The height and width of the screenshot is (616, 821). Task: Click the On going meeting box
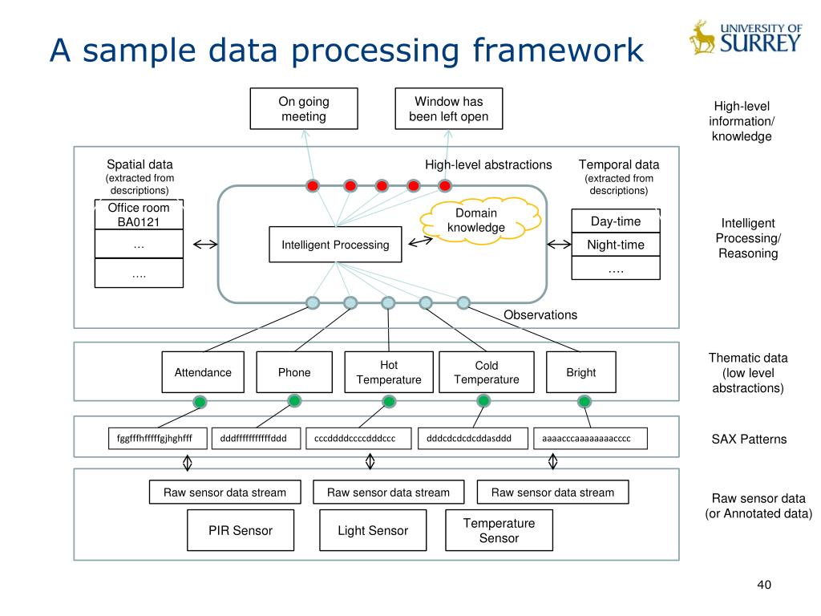pyautogui.click(x=304, y=108)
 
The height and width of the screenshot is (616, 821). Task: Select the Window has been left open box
pyautogui.click(x=449, y=108)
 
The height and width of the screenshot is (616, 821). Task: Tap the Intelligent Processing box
pyautogui.click(x=335, y=244)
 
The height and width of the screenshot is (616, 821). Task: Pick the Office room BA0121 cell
pyautogui.click(x=139, y=214)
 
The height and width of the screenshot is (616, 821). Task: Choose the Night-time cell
pyautogui.click(x=616, y=245)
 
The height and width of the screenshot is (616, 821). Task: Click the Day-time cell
pyautogui.click(x=616, y=221)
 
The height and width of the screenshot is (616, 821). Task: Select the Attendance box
pyautogui.click(x=203, y=372)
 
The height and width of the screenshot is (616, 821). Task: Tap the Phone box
pyautogui.click(x=294, y=372)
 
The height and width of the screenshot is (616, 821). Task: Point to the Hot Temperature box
pyautogui.click(x=389, y=372)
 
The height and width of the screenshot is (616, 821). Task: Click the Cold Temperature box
pyautogui.click(x=487, y=372)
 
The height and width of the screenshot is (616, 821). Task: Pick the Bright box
pyautogui.click(x=581, y=372)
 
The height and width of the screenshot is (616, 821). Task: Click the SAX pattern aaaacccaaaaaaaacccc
pyautogui.click(x=590, y=439)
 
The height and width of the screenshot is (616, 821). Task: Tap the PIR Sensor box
pyautogui.click(x=241, y=530)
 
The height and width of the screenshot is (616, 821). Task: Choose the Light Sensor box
pyautogui.click(x=373, y=530)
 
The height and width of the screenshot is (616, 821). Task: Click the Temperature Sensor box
pyautogui.click(x=499, y=530)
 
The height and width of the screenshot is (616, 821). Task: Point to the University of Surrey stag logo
pyautogui.click(x=702, y=38)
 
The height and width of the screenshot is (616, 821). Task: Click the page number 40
pyautogui.click(x=764, y=585)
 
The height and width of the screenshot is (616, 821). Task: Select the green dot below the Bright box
pyautogui.click(x=584, y=402)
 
